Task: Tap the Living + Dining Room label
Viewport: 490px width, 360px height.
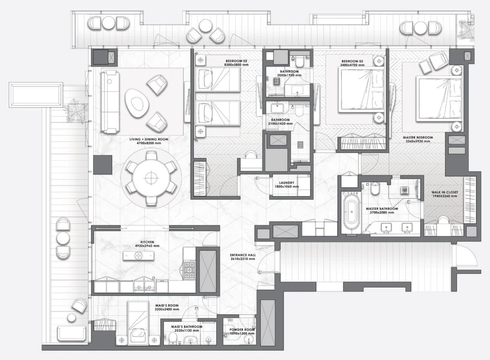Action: coord(149,141)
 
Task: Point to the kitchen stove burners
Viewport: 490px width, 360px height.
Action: coord(189,270)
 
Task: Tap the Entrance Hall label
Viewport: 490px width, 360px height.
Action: coord(243,256)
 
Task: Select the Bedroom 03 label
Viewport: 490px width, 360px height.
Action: coord(352,62)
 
